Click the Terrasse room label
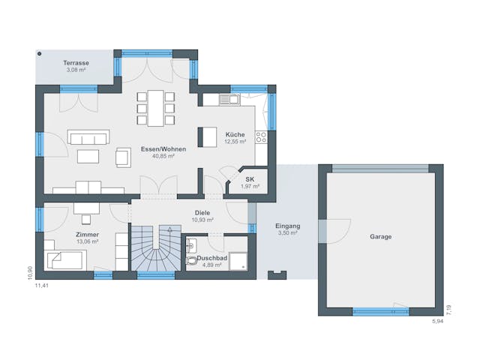[x=75, y=64]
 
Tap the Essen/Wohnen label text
[x=163, y=149]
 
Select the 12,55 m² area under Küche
[x=235, y=142]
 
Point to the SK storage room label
[x=250, y=179]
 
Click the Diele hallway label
[x=202, y=212]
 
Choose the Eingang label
[x=287, y=226]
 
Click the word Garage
[x=380, y=236]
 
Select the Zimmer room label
[x=87, y=235]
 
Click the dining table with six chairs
[x=156, y=107]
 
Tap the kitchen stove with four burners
[x=261, y=137]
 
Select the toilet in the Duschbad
[x=192, y=260]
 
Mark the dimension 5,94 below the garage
[x=437, y=322]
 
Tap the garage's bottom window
[x=380, y=310]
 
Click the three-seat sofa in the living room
[x=88, y=136]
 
